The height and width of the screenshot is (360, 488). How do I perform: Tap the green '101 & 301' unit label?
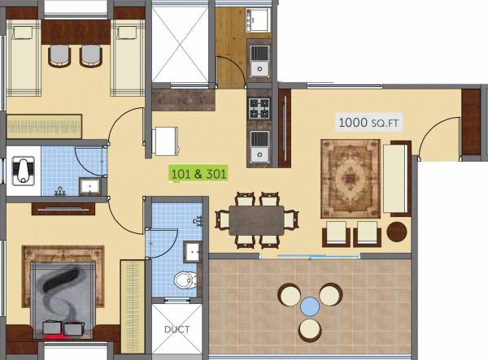click(198, 172)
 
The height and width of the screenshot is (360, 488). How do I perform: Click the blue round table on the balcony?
click(310, 306)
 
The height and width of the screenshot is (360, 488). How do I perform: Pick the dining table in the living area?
click(256, 219)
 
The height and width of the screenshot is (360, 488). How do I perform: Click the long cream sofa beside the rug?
click(396, 179)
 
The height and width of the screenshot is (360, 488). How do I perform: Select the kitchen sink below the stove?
click(260, 146)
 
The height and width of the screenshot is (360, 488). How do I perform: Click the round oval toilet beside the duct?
click(185, 280)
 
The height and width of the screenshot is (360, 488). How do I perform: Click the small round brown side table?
click(396, 230)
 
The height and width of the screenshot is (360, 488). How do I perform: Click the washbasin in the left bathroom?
click(90, 187)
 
